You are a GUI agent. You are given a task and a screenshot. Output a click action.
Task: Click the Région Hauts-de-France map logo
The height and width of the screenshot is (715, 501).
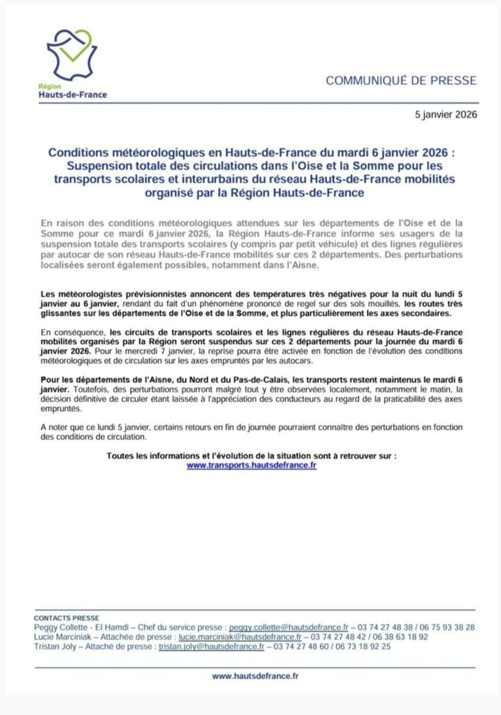click(71, 54)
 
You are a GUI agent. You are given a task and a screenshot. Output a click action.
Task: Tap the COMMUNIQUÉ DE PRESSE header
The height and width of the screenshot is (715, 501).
click(401, 81)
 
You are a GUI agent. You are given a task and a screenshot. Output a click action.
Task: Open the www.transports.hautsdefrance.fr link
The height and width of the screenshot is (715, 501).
click(251, 465)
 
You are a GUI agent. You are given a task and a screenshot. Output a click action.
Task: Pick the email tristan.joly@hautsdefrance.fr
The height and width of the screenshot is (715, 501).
click(211, 646)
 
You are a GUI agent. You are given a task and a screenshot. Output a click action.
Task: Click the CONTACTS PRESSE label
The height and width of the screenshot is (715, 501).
click(67, 618)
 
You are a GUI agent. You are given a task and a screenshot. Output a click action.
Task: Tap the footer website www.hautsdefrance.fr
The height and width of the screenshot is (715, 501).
click(255, 676)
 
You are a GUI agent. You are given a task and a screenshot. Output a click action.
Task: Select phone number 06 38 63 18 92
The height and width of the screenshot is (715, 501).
click(400, 636)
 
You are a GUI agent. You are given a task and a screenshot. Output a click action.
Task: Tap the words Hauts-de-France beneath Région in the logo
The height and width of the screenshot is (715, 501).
click(73, 94)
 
